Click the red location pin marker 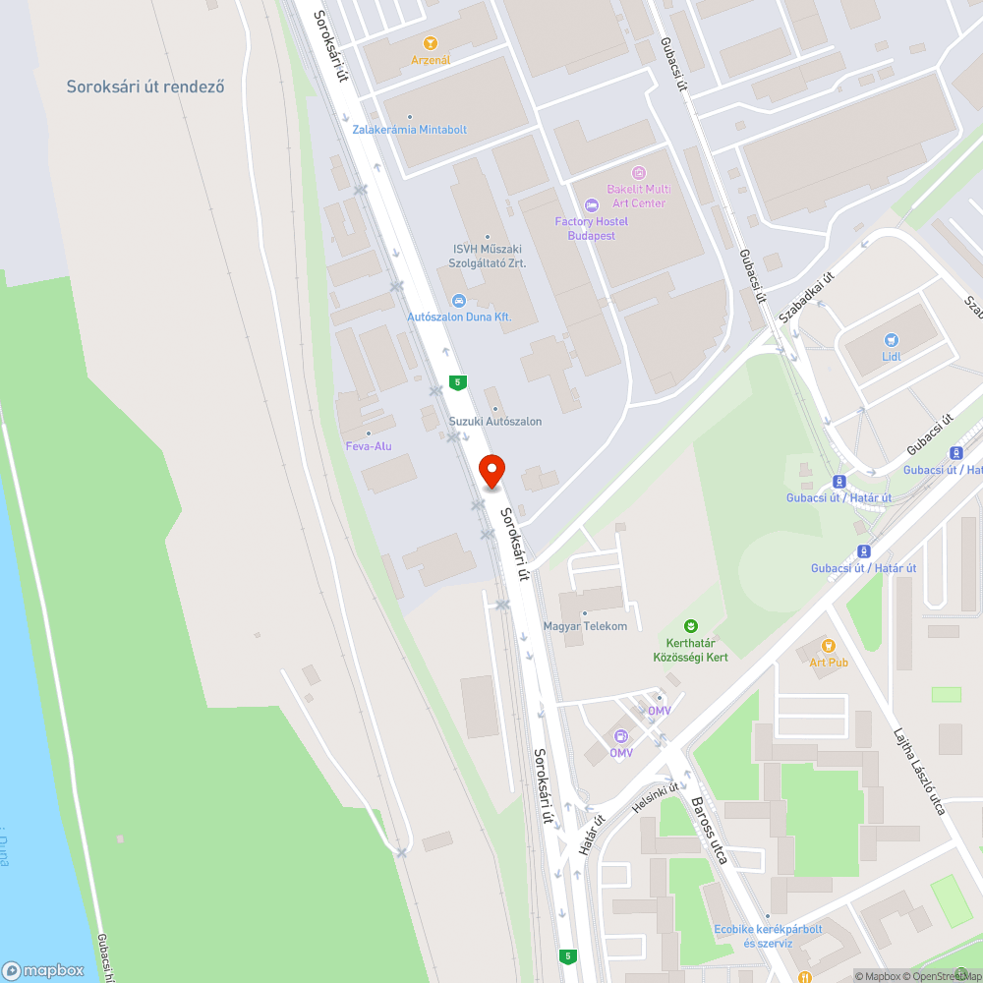pos(491,472)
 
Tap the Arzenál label pos(431,60)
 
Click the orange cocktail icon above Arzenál pos(430,43)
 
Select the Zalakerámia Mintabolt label pos(410,129)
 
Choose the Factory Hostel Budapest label pos(592,228)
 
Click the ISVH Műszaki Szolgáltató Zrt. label pos(489,257)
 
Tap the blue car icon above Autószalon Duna pos(458,301)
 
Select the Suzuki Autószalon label pos(495,422)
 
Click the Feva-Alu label pos(369,446)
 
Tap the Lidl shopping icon pos(892,339)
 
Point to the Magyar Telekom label pos(585,626)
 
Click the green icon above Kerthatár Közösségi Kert pos(691,625)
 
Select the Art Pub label pos(829,662)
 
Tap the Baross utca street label pos(709,827)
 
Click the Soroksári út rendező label pos(145,87)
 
